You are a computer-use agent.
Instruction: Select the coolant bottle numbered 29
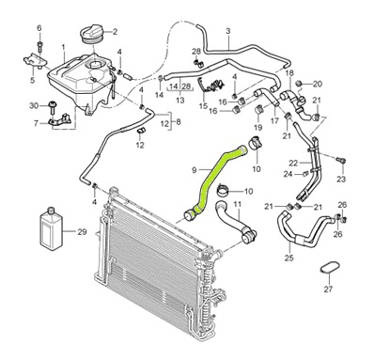pyautogui.click(x=52, y=228)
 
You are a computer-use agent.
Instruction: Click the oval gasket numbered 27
pyautogui.click(x=330, y=269)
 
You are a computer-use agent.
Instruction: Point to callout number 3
pyautogui.click(x=228, y=31)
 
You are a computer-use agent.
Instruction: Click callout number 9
pyautogui.click(x=195, y=170)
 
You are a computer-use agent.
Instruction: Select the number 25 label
pyautogui.click(x=289, y=258)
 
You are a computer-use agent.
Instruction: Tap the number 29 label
pyautogui.click(x=82, y=232)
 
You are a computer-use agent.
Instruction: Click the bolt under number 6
pyautogui.click(x=39, y=46)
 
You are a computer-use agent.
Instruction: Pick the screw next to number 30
pyautogui.click(x=52, y=107)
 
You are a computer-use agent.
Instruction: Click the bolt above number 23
pyautogui.click(x=341, y=161)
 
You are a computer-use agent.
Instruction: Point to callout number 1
pyautogui.click(x=63, y=48)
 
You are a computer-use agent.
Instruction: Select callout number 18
pyautogui.click(x=289, y=73)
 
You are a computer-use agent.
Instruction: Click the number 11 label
pyautogui.click(x=238, y=205)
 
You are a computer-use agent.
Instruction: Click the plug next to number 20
pyautogui.click(x=299, y=84)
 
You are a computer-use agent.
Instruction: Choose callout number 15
pyautogui.click(x=203, y=105)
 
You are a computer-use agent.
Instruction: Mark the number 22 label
pyautogui.click(x=293, y=164)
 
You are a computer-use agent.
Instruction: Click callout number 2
pyautogui.click(x=115, y=32)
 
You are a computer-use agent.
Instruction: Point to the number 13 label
pyautogui.click(x=180, y=101)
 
